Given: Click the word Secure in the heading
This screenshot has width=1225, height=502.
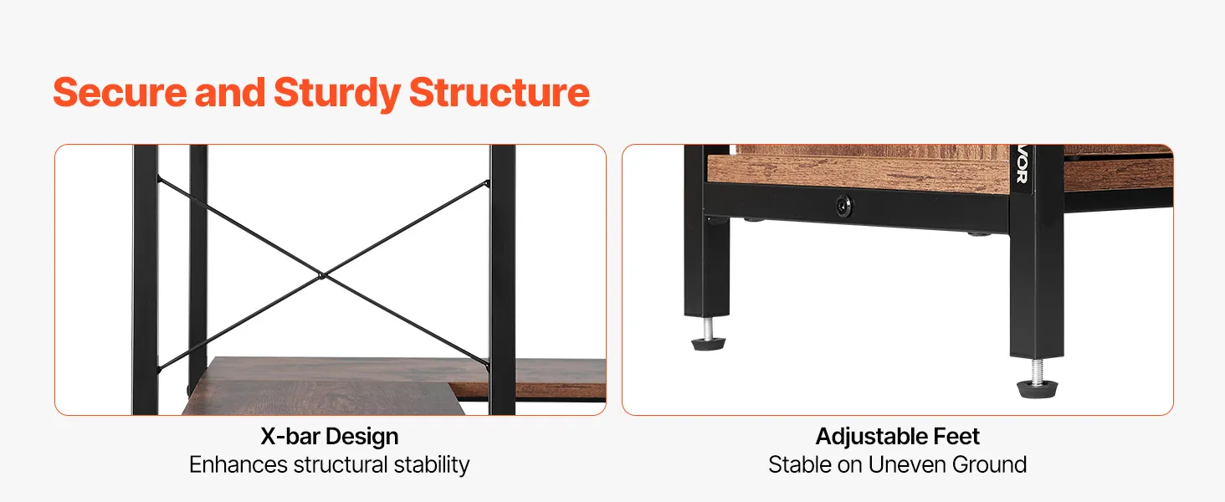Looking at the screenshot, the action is (120, 92).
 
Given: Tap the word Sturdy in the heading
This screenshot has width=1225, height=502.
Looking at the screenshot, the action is (337, 94).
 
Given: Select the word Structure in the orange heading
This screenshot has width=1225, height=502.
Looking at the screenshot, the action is (500, 92).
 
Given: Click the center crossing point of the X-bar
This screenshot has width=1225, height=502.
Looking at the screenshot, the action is (322, 276).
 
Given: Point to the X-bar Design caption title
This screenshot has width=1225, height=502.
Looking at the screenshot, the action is (329, 437).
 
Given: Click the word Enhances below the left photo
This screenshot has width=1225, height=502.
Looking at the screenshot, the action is (238, 465).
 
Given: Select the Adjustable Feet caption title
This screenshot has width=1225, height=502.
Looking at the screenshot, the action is (898, 437).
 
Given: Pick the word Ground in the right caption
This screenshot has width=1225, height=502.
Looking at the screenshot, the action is (989, 465).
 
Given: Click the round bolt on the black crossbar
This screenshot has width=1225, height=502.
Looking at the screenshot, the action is (844, 206).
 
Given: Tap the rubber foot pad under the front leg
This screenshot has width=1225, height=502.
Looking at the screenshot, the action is (1037, 389).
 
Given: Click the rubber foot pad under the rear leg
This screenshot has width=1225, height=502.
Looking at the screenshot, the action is (708, 344).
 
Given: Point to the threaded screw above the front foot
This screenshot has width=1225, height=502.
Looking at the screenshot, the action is (1038, 370).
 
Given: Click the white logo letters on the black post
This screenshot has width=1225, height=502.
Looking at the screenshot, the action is (1022, 164).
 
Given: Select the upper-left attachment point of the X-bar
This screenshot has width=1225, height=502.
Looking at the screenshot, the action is (159, 178).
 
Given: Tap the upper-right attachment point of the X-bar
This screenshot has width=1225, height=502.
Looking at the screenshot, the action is (487, 183).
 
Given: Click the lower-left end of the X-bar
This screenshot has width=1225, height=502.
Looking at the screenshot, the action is (159, 370).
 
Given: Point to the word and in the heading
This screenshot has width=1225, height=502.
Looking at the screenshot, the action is (230, 92).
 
